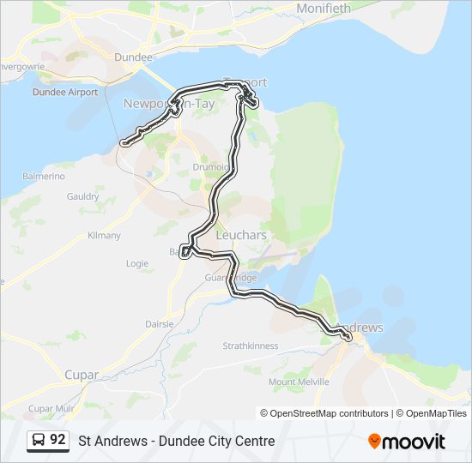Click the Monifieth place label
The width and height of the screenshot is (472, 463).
324,8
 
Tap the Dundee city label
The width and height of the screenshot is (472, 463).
134,57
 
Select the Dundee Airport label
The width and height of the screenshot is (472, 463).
64,92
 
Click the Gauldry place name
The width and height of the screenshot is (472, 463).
82,196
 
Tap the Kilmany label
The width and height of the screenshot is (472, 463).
104,235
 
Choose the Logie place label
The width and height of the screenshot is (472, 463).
137,263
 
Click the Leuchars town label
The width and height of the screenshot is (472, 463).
241,235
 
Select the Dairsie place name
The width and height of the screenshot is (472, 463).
159,324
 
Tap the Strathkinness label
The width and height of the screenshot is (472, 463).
251,346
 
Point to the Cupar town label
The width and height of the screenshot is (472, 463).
82,375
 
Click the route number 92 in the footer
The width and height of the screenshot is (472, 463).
57,440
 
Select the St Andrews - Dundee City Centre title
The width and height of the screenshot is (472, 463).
177,441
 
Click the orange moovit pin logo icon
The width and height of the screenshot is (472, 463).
374,441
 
